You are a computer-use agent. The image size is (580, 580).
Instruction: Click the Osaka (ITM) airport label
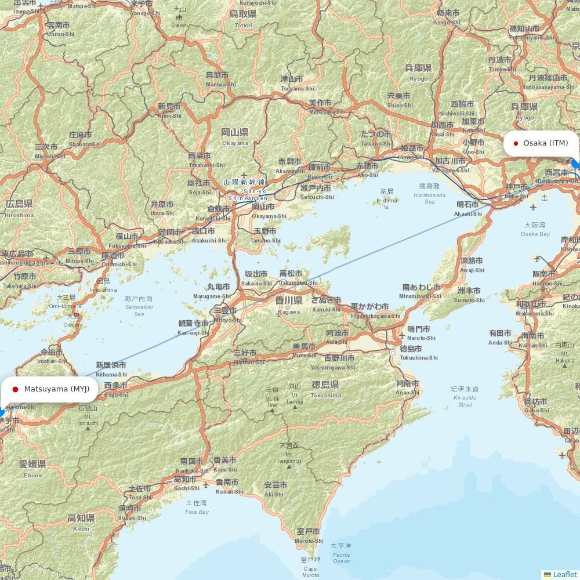click(545, 143)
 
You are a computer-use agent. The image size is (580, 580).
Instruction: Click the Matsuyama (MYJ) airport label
click(56, 389)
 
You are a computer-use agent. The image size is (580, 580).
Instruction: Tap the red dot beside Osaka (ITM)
click(516, 143)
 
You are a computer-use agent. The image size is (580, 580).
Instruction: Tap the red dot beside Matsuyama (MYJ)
click(15, 389)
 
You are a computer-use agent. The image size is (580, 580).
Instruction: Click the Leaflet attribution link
click(564, 574)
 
